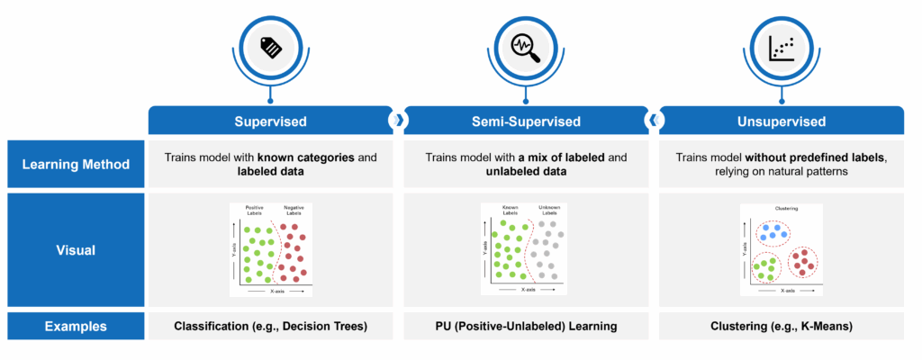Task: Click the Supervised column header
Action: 270,121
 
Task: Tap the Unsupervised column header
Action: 781,121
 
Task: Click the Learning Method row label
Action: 77,164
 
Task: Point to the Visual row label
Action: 77,251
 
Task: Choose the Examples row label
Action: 77,327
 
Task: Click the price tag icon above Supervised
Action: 270,49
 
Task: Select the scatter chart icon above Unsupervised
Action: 781,49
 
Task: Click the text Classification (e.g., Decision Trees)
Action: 270,327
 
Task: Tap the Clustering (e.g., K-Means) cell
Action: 781,327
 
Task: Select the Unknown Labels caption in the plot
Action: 548,211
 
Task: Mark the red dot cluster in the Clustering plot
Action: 803,264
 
